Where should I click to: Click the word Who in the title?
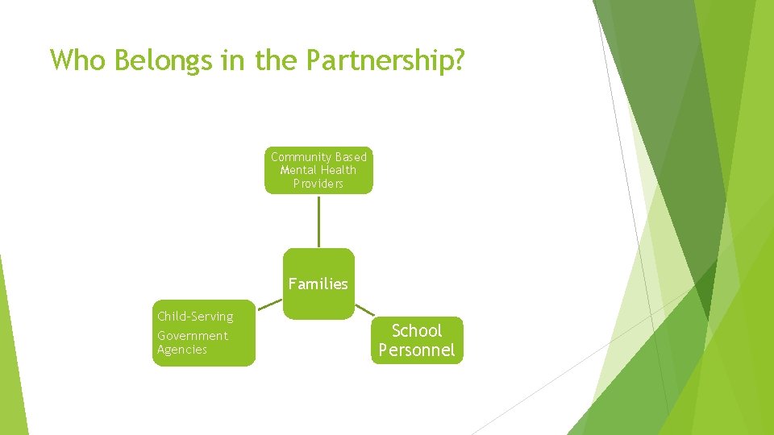click(77, 60)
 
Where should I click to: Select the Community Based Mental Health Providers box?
click(318, 170)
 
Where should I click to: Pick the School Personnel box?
click(417, 340)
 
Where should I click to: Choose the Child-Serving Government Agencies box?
click(204, 333)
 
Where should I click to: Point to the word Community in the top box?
click(301, 157)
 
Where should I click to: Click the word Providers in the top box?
click(318, 184)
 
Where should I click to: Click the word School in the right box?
click(417, 330)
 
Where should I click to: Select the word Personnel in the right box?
click(417, 350)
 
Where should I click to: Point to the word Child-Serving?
click(195, 317)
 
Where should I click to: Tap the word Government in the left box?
click(193, 336)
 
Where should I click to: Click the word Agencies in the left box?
click(182, 350)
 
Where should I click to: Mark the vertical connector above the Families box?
click(318, 221)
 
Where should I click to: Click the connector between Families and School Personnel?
click(365, 309)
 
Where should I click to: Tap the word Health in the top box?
click(339, 170)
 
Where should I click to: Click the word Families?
click(318, 284)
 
